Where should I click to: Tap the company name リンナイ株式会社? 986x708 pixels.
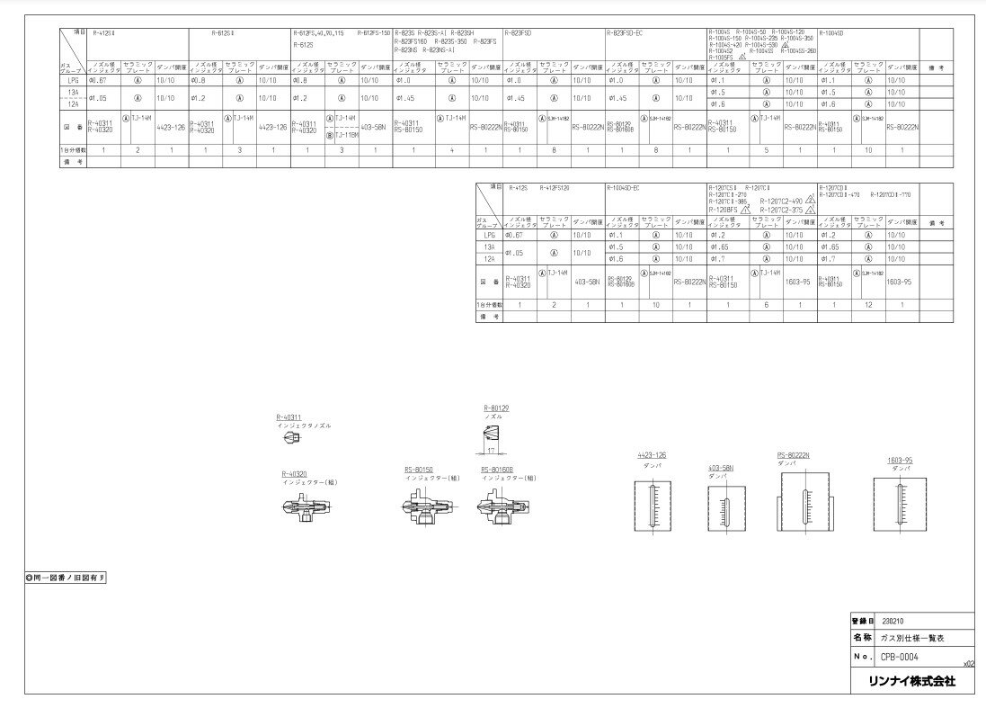point(909,681)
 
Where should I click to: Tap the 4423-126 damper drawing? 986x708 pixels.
point(653,508)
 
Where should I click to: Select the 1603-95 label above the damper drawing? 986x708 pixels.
point(900,460)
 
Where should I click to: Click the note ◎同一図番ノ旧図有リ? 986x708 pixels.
point(67,577)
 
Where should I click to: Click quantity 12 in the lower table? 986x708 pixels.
point(869,306)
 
